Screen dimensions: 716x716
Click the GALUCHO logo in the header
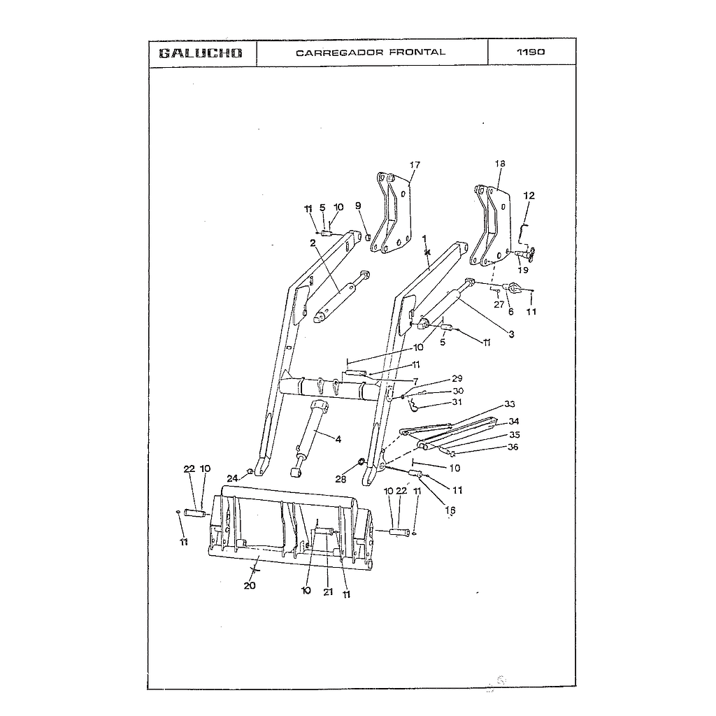tap(201, 53)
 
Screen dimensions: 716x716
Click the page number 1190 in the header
tap(531, 52)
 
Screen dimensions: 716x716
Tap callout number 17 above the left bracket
tap(415, 165)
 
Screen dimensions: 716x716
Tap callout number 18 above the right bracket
tap(499, 164)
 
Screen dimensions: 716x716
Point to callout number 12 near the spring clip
tap(529, 196)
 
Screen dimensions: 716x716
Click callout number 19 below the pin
tap(522, 270)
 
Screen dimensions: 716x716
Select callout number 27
tap(499, 304)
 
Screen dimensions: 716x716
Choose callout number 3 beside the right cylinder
tap(511, 334)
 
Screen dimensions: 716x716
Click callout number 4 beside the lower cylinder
tap(338, 439)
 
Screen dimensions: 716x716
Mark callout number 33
tap(509, 405)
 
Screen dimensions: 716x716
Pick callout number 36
tap(513, 447)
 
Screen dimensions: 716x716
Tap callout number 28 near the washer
tap(341, 479)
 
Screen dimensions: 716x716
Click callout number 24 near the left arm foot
tap(232, 478)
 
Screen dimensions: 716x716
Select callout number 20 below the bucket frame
tap(250, 586)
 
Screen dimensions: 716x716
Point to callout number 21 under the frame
tap(327, 592)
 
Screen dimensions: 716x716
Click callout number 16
tap(450, 510)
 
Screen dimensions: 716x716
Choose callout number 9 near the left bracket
tap(358, 206)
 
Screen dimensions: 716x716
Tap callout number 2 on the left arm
tap(313, 243)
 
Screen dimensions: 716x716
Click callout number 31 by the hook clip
tap(457, 402)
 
